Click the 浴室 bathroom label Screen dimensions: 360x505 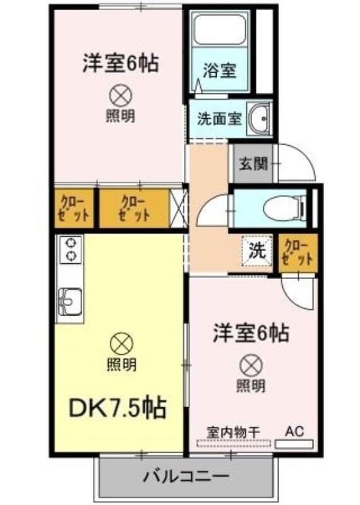219,71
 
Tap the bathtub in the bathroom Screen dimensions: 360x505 221,28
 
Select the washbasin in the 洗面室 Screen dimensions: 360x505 260,119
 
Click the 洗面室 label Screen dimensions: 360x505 219,119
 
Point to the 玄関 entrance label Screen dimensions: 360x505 253,164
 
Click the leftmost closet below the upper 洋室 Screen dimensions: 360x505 73,208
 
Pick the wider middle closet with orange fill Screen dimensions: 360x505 134,208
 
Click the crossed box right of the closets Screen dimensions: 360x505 178,208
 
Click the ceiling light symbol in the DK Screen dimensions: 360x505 121,343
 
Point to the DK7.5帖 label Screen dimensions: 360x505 117,407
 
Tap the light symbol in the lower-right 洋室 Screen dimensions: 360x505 251,365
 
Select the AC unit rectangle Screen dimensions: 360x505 294,444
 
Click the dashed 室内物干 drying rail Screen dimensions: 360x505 233,443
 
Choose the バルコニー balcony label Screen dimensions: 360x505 186,477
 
